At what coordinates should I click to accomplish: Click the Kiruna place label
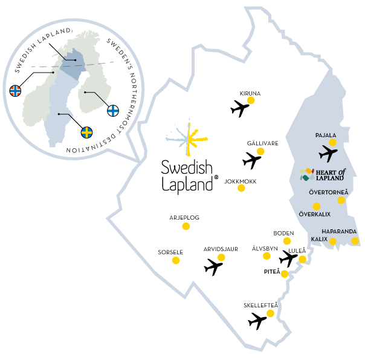coord(250,93)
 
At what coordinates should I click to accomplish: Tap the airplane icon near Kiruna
coord(240,109)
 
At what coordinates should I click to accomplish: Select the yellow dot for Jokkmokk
coord(241,188)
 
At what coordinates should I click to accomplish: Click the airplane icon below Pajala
coord(328,154)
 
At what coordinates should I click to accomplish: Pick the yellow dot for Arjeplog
coord(186,226)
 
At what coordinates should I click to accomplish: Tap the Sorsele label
coord(170,251)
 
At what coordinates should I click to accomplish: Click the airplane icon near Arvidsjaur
coord(214,267)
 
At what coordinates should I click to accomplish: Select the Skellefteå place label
coord(260,305)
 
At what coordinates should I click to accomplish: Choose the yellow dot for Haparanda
coord(355,241)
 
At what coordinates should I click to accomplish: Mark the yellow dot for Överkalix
coord(317,206)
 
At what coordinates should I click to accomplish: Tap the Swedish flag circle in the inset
coord(87,131)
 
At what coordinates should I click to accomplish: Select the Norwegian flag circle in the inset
coord(16,91)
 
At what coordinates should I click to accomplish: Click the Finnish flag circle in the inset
coord(113,110)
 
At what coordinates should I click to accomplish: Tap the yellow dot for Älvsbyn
coord(266,256)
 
